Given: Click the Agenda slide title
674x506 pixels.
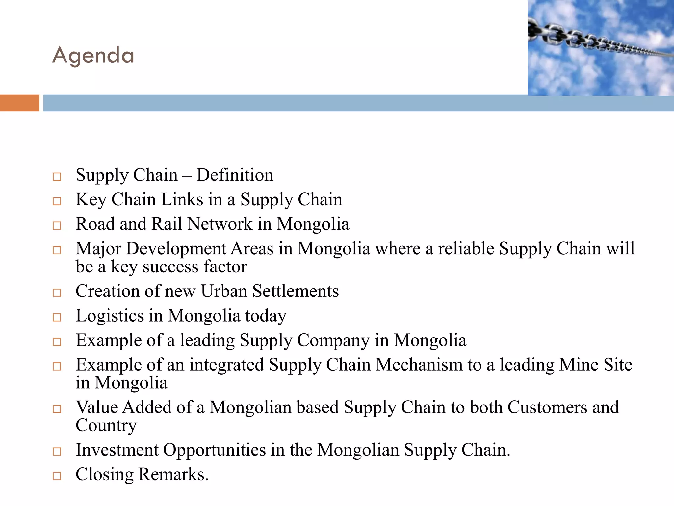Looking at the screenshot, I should coord(93,55).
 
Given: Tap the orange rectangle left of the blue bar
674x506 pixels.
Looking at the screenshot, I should coord(19,103).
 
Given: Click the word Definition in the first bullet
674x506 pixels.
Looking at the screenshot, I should coord(235,175).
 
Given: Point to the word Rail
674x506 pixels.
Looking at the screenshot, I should coord(167,224).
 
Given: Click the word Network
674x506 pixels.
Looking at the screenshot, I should coord(220,224).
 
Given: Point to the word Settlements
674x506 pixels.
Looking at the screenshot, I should coord(296,291).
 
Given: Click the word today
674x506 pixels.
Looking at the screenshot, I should coord(266,316).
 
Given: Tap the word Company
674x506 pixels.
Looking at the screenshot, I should coord(333,340).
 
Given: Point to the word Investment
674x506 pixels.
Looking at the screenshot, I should coord(117,450).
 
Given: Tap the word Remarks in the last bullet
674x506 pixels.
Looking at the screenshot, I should coord(173,475).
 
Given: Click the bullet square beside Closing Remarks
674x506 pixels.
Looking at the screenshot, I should coord(57,476).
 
